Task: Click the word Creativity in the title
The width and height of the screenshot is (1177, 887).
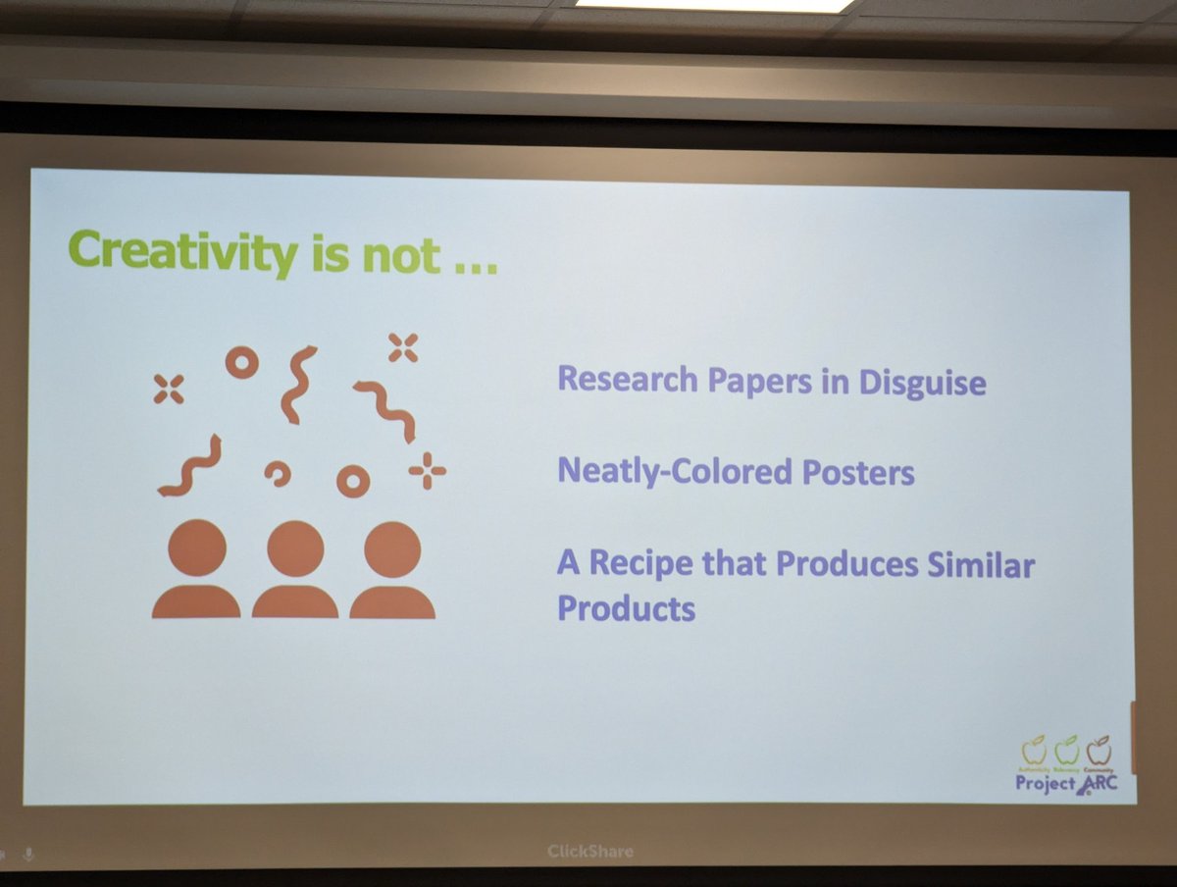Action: [x=182, y=252]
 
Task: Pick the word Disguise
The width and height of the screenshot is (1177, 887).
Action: [x=922, y=382]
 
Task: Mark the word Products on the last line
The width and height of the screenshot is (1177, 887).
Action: [x=626, y=608]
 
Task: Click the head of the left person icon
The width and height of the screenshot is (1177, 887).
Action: [x=197, y=548]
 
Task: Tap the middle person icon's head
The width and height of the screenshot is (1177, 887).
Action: [x=295, y=548]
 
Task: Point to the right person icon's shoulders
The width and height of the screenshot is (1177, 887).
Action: [x=392, y=602]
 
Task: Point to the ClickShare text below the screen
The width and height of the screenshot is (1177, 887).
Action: [x=590, y=852]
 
